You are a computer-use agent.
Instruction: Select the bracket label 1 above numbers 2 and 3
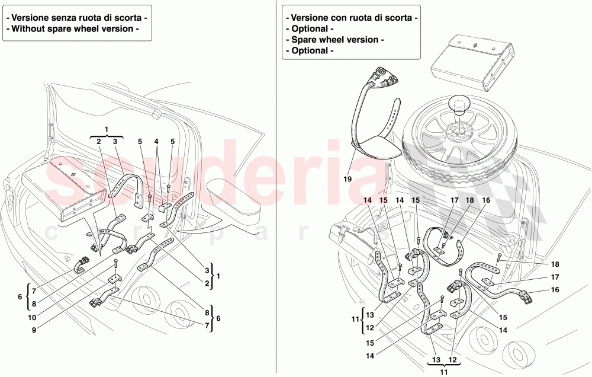coord(107,129)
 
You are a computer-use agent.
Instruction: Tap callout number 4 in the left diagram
coord(156,142)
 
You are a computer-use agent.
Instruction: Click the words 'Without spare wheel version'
coord(75,28)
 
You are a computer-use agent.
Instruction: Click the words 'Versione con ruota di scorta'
coord(351,18)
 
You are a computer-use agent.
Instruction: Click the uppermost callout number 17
coord(455,201)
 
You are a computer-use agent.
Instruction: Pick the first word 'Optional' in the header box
coord(308,28)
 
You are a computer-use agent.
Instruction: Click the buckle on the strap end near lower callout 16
coord(525,295)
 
